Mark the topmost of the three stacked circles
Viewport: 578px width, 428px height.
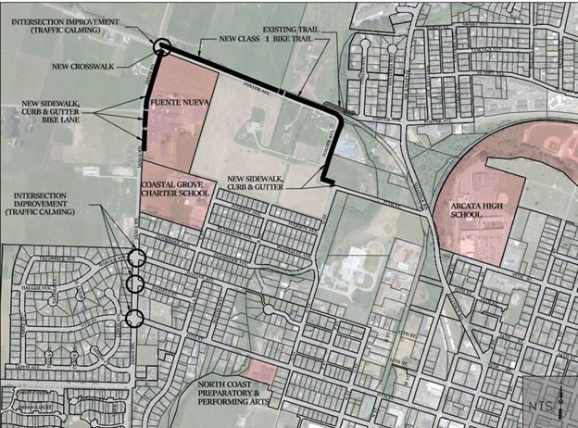point(135,258)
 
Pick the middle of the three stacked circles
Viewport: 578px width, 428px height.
point(135,283)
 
